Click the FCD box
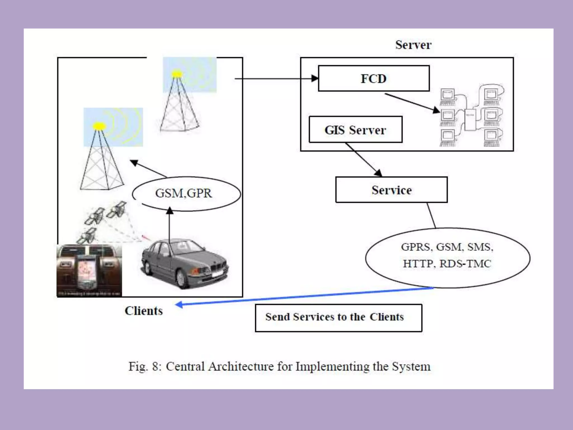[374, 79]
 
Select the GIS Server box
[355, 130]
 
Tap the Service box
[391, 190]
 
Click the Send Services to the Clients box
[338, 318]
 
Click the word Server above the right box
[413, 45]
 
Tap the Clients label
[144, 311]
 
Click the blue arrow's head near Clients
[179, 305]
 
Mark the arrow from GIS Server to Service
[364, 160]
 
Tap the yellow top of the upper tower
[177, 74]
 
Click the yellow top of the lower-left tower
[99, 126]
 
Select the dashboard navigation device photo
[89, 270]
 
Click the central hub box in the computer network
[470, 120]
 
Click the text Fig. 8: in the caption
[145, 366]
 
